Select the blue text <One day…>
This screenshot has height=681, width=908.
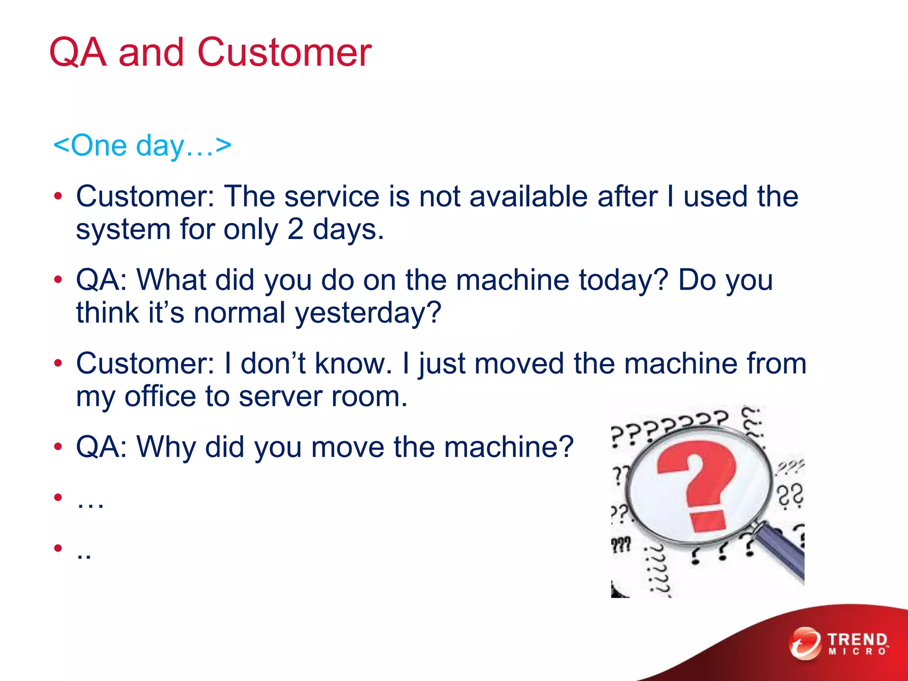142,145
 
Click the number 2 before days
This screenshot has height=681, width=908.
295,230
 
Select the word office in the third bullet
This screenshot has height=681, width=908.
160,396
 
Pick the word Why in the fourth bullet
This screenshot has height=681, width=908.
166,447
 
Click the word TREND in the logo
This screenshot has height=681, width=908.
857,640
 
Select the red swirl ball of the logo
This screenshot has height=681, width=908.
805,643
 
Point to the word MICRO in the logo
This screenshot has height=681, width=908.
857,652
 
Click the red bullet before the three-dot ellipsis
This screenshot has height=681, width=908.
58,498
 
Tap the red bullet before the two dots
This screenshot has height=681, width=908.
58,548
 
